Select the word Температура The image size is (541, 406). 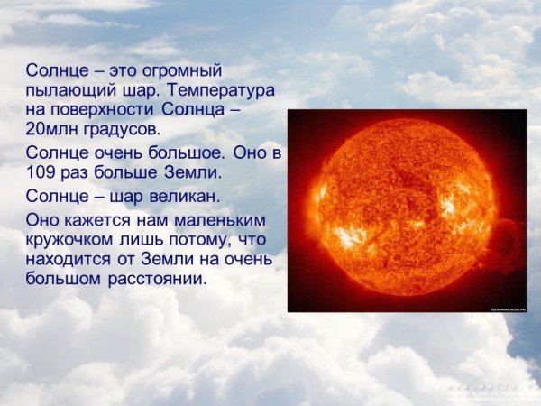pos(219,91)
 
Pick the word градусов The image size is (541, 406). pos(122,130)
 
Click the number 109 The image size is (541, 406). pos(41,171)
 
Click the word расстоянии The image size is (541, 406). pos(159,280)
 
